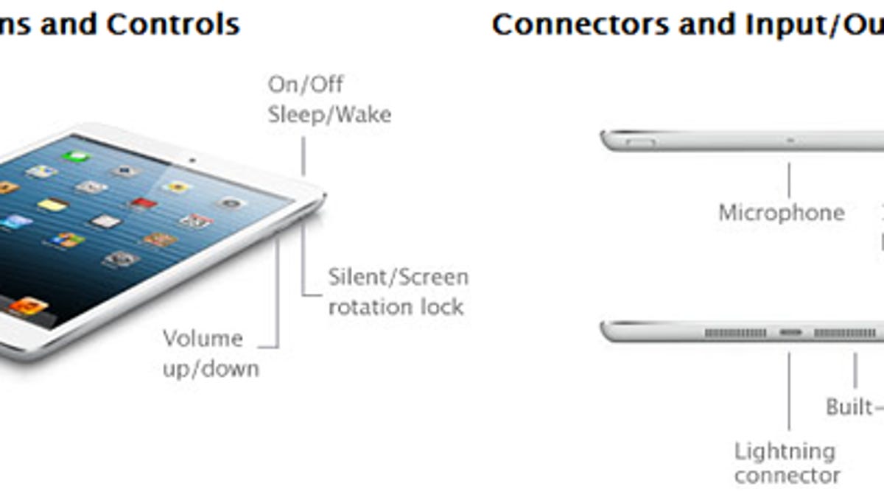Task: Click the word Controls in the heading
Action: (173, 24)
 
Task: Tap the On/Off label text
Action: (305, 84)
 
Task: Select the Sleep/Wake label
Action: (329, 115)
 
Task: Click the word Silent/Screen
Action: (398, 277)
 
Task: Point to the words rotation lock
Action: (396, 306)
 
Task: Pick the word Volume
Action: (203, 339)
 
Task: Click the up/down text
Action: (211, 368)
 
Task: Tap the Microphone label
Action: (781, 213)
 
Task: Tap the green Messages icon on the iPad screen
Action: (75, 156)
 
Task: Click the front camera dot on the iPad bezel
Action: (192, 160)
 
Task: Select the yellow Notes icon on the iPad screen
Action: (53, 205)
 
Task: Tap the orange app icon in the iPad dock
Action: (28, 306)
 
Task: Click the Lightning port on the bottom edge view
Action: (790, 334)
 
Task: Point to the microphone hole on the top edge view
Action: (790, 138)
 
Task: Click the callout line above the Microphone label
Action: (789, 181)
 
